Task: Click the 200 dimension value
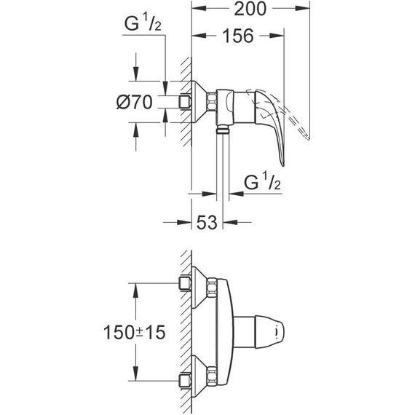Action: pos(249,9)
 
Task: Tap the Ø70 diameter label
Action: pos(134,103)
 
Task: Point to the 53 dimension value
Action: pos(207,224)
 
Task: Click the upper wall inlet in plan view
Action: pos(183,284)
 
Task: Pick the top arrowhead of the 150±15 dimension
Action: pos(135,288)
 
